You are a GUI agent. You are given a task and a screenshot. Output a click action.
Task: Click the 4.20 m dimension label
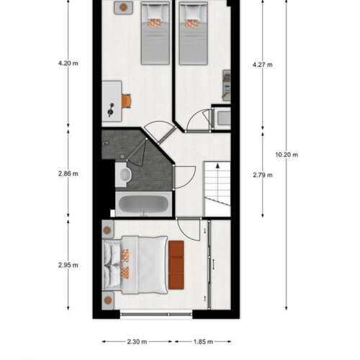coord(68,63)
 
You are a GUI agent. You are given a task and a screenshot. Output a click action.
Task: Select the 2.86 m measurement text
coord(68,174)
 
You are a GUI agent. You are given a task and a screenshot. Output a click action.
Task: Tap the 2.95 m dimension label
coord(68,264)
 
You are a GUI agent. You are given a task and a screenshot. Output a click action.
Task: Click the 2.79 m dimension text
coord(264,174)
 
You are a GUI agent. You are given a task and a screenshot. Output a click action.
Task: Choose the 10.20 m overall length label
coord(287,154)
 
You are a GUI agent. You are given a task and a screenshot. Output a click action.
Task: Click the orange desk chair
coord(127,101)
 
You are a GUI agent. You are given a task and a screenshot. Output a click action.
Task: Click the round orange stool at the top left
coord(123,7)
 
